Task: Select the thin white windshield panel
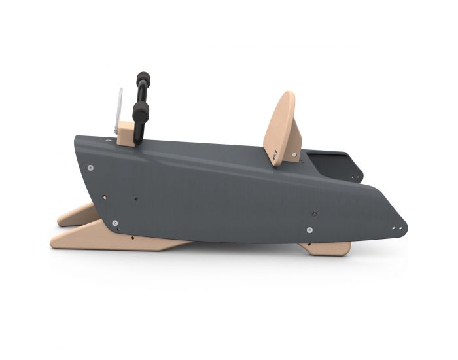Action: click(118, 109)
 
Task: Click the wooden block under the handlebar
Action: click(126, 134)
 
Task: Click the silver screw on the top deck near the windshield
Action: click(109, 139)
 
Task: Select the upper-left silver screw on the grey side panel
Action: click(90, 168)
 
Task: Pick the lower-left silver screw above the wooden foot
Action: click(115, 224)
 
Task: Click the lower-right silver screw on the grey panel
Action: click(309, 230)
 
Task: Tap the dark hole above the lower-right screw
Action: click(314, 213)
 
